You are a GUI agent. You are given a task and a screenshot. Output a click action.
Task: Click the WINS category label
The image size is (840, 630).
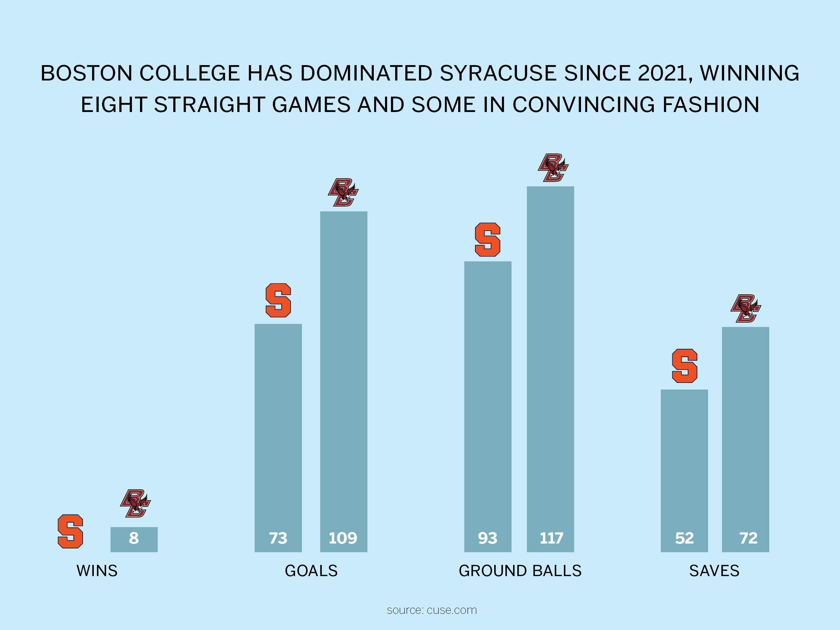pyautogui.click(x=97, y=571)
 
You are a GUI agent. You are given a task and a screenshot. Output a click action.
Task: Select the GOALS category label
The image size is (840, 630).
pyautogui.click(x=311, y=571)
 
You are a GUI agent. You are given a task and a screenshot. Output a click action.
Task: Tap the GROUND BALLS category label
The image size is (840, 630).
pyautogui.click(x=520, y=571)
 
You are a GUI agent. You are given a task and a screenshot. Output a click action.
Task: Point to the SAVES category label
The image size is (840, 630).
pyautogui.click(x=714, y=571)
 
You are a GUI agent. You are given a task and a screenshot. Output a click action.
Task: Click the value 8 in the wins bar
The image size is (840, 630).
pyautogui.click(x=134, y=538)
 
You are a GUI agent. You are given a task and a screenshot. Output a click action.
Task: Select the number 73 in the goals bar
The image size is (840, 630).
pyautogui.click(x=278, y=538)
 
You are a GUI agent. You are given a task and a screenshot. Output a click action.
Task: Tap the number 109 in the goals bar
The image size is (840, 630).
pyautogui.click(x=343, y=538)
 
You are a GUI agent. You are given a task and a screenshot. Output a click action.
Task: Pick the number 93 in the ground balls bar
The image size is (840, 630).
pyautogui.click(x=488, y=538)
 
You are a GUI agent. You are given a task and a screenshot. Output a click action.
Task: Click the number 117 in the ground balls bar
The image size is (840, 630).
pyautogui.click(x=551, y=538)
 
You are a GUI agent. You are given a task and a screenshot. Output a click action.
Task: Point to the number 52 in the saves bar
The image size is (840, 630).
pyautogui.click(x=684, y=538)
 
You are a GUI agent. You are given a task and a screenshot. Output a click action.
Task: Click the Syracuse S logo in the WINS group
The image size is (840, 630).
pyautogui.click(x=70, y=531)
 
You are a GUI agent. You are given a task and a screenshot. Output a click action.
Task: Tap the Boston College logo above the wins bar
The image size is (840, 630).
pyautogui.click(x=135, y=504)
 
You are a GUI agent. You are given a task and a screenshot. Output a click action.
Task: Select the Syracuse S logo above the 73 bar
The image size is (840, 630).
pyautogui.click(x=278, y=300)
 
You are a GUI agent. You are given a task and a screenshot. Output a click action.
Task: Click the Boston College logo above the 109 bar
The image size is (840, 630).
pyautogui.click(x=343, y=192)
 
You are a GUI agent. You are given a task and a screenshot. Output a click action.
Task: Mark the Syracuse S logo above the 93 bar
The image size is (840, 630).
pyautogui.click(x=488, y=240)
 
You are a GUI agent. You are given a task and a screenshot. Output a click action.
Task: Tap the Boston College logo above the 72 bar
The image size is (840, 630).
pyautogui.click(x=746, y=308)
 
